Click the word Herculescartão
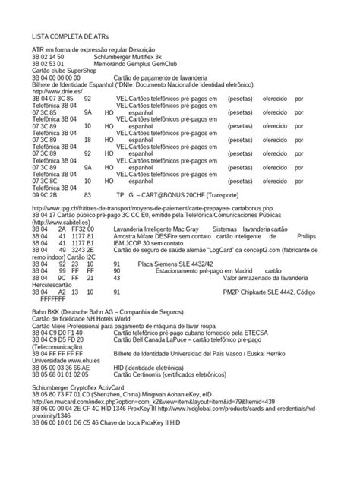click(57, 286)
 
